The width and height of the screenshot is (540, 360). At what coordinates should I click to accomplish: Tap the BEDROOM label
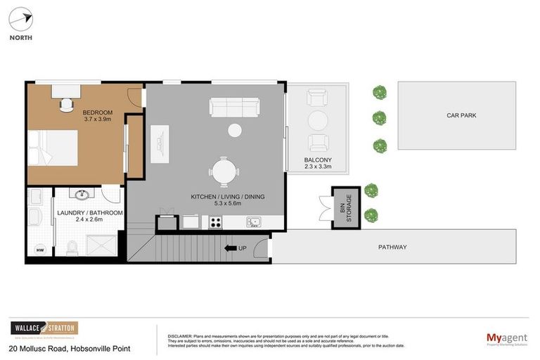click(96, 112)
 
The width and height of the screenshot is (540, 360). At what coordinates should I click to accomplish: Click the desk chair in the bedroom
click(67, 104)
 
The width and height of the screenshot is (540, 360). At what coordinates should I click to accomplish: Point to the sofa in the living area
click(234, 107)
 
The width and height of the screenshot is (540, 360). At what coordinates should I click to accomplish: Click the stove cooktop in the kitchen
click(214, 223)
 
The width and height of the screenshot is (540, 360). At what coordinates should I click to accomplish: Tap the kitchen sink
click(253, 223)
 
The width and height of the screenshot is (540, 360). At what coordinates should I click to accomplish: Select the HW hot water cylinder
click(40, 249)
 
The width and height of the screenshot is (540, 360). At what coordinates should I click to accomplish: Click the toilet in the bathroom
click(71, 247)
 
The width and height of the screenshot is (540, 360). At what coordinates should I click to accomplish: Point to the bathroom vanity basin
click(81, 193)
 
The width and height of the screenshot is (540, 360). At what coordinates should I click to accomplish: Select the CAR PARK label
click(461, 115)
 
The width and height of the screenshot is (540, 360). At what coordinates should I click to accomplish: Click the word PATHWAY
click(392, 247)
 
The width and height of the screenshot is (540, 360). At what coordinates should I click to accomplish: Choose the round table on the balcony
click(319, 120)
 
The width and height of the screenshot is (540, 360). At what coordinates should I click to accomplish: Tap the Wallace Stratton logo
click(44, 329)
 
